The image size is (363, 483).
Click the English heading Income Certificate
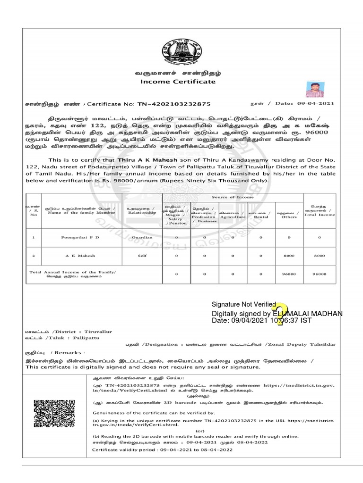point(178,82)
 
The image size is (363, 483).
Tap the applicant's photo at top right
point(314,89)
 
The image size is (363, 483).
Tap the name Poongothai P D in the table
point(80,237)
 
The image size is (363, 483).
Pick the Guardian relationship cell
point(142,237)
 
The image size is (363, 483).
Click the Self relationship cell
point(142,256)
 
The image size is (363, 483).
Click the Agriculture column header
point(232,215)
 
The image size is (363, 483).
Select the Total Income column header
point(320,211)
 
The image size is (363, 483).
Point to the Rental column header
point(261,215)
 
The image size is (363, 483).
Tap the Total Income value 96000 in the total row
point(320,274)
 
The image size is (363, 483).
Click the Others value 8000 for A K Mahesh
point(289,256)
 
